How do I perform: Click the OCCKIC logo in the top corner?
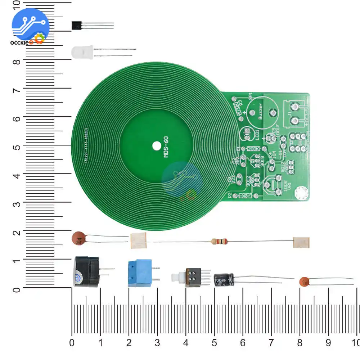[x=30, y=27]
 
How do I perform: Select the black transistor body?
[x=77, y=25]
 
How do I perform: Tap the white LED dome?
[x=82, y=53]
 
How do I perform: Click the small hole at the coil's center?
[x=157, y=146]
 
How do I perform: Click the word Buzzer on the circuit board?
[x=261, y=113]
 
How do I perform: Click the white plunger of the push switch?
[x=176, y=278]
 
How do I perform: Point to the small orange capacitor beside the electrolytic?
[x=305, y=282]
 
